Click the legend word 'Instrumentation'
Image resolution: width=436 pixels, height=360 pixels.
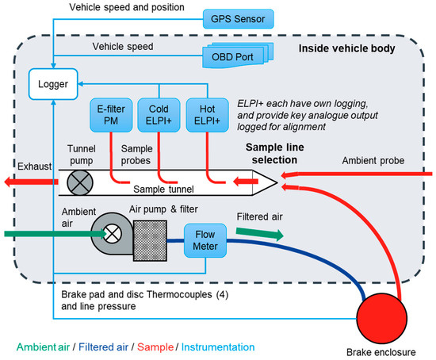click(216, 346)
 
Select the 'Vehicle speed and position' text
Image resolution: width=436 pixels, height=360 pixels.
click(117, 7)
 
